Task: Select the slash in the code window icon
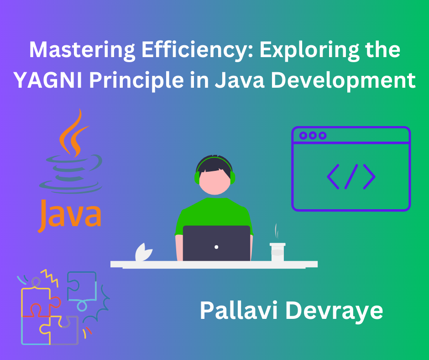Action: (x=351, y=176)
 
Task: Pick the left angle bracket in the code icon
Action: (x=334, y=176)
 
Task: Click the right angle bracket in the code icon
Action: (x=368, y=176)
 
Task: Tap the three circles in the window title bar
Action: (x=312, y=135)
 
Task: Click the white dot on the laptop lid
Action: (x=216, y=247)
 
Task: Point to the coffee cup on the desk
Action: (x=277, y=252)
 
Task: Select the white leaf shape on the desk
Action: (x=143, y=253)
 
